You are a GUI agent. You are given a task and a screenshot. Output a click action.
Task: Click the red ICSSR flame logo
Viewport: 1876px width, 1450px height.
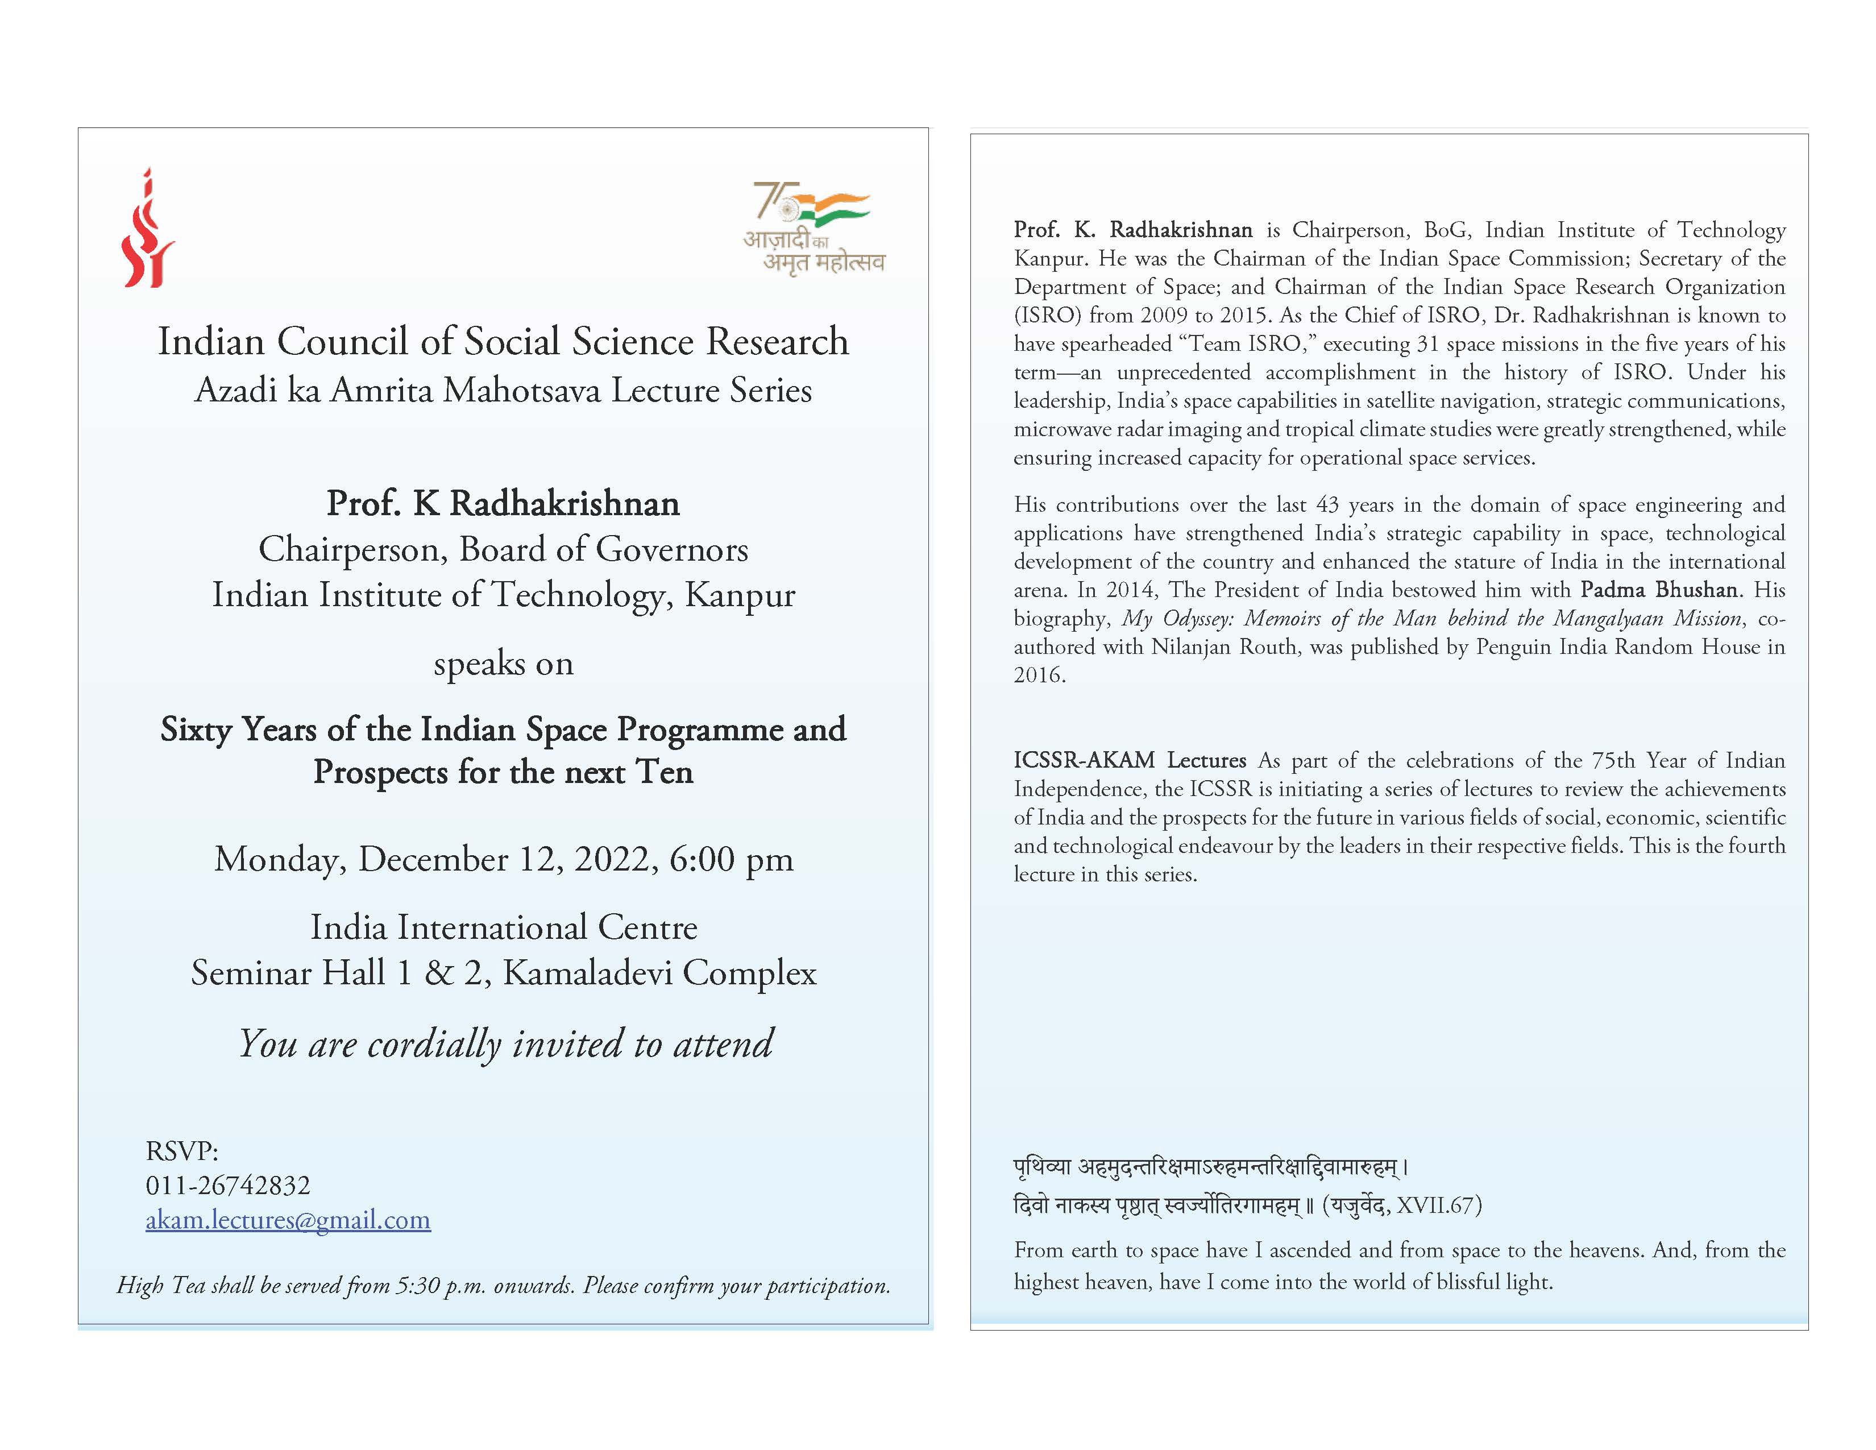click(x=148, y=229)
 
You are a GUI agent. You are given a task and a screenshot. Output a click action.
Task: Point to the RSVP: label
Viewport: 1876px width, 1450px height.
click(x=182, y=1150)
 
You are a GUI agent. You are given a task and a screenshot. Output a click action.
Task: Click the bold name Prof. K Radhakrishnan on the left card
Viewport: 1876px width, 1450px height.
click(x=503, y=503)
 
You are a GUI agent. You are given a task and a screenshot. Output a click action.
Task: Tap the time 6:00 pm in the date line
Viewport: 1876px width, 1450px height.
click(x=731, y=859)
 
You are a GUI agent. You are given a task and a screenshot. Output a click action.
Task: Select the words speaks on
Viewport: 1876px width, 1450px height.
click(x=503, y=664)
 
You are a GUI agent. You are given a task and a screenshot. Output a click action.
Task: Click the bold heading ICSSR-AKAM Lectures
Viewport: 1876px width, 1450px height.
click(x=1130, y=760)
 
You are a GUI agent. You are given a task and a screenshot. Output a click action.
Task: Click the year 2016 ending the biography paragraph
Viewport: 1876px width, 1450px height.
click(x=1039, y=674)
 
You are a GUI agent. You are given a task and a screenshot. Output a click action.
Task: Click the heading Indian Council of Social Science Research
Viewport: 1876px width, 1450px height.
click(x=503, y=341)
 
